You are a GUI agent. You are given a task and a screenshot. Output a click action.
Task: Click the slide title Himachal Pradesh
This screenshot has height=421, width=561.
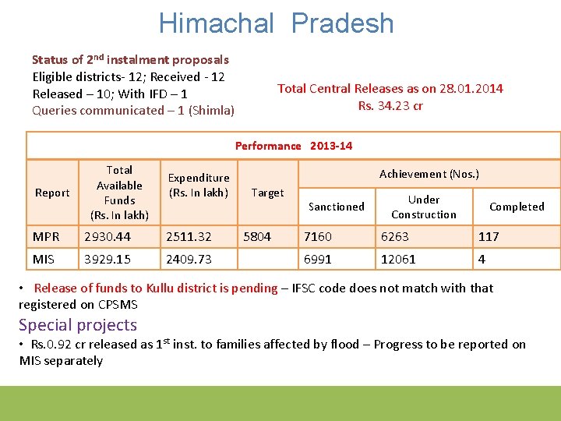pyautogui.click(x=277, y=23)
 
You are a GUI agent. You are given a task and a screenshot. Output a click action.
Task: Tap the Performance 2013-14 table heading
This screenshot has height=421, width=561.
pyautogui.click(x=293, y=146)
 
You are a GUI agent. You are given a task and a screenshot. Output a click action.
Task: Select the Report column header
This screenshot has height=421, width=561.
pyautogui.click(x=52, y=193)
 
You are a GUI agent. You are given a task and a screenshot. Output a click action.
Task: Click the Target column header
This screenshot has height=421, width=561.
pyautogui.click(x=267, y=193)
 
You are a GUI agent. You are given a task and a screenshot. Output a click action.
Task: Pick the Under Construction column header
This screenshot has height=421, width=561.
pyautogui.click(x=423, y=207)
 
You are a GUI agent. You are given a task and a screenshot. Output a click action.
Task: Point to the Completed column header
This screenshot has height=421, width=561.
pyautogui.click(x=517, y=207)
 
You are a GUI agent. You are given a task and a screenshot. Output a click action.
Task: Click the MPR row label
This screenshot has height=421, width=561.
pyautogui.click(x=46, y=236)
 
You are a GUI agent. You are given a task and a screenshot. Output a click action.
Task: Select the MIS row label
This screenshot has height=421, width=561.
pyautogui.click(x=44, y=259)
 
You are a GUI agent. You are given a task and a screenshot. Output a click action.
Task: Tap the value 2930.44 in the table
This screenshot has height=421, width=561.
pyautogui.click(x=108, y=236)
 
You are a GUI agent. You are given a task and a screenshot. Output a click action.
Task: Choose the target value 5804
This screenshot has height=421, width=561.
pyautogui.click(x=258, y=236)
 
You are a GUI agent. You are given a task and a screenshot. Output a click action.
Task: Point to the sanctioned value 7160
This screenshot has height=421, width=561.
pyautogui.click(x=319, y=236)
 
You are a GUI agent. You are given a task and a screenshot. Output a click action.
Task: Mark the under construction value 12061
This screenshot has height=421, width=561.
pyautogui.click(x=398, y=259)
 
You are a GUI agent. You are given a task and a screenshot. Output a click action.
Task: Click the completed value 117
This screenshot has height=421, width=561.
pyautogui.click(x=489, y=236)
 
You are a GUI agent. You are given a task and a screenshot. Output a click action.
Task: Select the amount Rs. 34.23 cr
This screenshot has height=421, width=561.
pyautogui.click(x=390, y=106)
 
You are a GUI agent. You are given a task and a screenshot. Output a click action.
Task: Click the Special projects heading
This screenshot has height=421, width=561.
pyautogui.click(x=78, y=325)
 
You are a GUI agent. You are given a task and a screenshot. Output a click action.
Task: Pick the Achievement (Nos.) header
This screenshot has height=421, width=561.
pyautogui.click(x=429, y=174)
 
